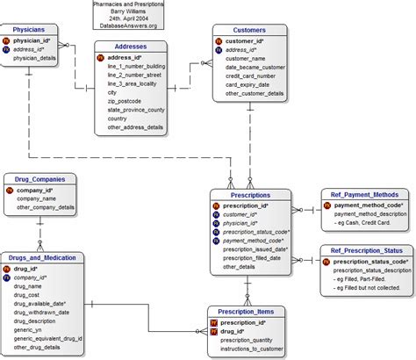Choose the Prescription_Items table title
pyautogui.click(x=244, y=311)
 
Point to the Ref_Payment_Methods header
pyautogui.click(x=363, y=194)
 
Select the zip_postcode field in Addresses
pyautogui.click(x=126, y=100)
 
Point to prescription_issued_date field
pyautogui.click(x=252, y=248)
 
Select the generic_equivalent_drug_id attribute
pyautogui.click(x=48, y=338)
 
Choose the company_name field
pyautogui.click(x=37, y=198)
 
